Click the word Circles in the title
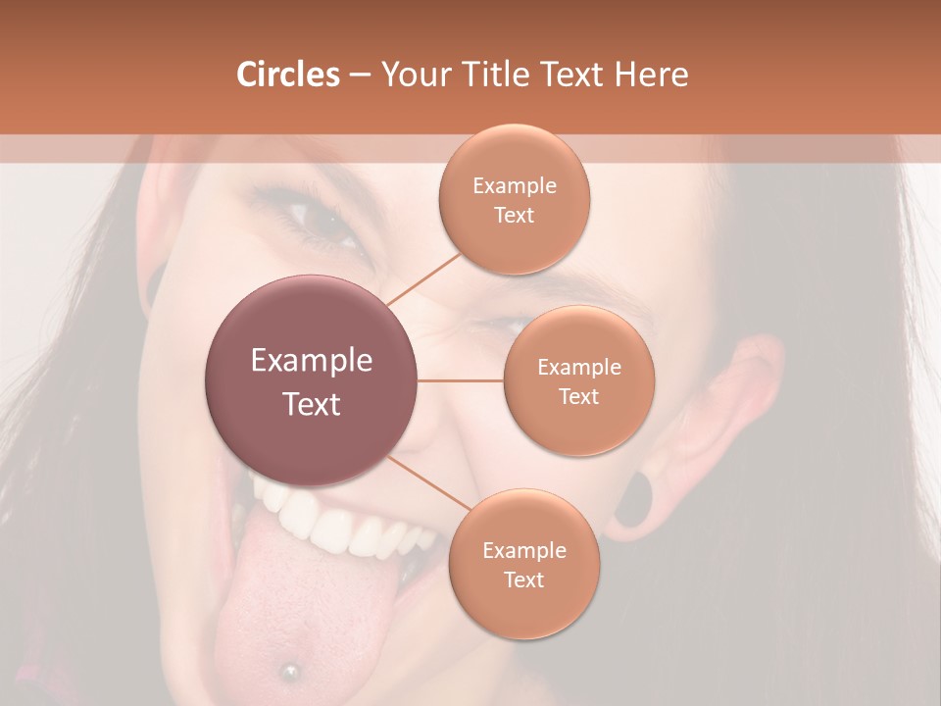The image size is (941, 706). coord(288,75)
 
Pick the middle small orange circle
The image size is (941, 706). coord(579,380)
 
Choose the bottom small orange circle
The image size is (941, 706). coord(524,564)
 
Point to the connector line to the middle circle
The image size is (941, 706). coord(461,380)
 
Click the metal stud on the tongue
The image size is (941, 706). coord(289,672)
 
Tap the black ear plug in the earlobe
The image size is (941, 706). coord(638,498)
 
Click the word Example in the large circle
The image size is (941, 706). coord(312,361)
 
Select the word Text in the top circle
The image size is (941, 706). coord(515,215)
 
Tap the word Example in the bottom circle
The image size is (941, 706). coord(524,550)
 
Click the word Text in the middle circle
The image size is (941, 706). coord(579,396)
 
